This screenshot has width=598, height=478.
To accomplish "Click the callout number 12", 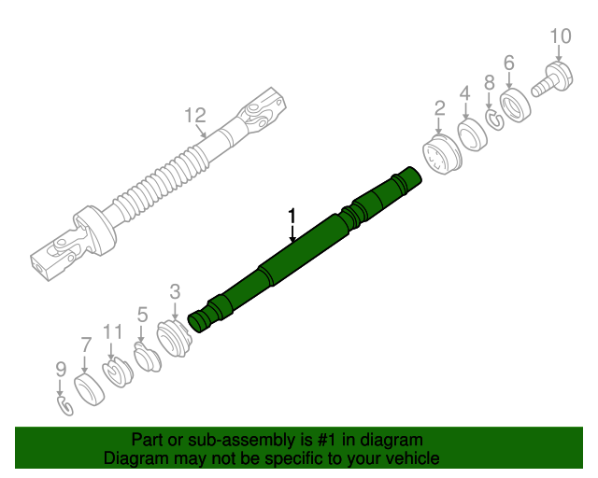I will pos(193,116).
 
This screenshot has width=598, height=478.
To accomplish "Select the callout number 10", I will pos(560,36).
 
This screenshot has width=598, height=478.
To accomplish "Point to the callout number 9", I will pos(60,370).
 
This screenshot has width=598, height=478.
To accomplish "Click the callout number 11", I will pos(113,330).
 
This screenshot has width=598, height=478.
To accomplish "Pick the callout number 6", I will pos(509,63).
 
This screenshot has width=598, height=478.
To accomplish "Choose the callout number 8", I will pos(489,83).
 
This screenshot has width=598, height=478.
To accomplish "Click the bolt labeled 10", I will pos(553,76).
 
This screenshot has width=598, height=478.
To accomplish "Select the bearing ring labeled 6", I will pos(515,101).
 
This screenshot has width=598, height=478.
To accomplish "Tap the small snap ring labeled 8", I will pos(493,119).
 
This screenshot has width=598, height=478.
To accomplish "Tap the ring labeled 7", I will pos(88,389).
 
